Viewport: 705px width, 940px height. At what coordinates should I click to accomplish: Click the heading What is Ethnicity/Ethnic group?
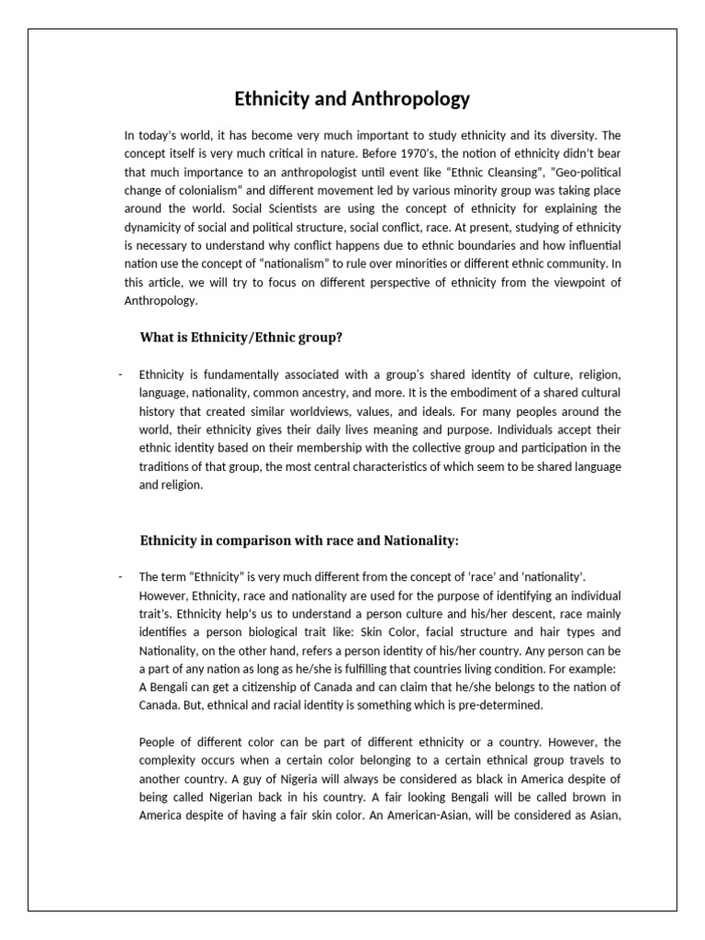click(x=241, y=338)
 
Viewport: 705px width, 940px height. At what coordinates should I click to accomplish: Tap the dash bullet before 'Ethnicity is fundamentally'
click(x=121, y=375)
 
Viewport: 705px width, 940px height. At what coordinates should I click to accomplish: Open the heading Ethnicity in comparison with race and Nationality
click(x=298, y=541)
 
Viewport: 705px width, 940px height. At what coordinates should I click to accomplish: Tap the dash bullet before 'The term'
click(x=121, y=576)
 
